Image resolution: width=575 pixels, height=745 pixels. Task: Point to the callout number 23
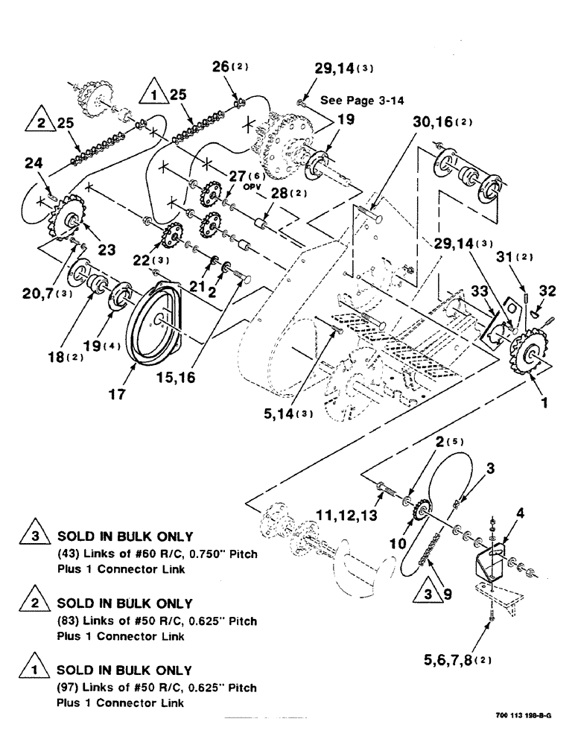coord(106,250)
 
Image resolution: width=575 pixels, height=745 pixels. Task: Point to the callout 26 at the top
coord(224,67)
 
